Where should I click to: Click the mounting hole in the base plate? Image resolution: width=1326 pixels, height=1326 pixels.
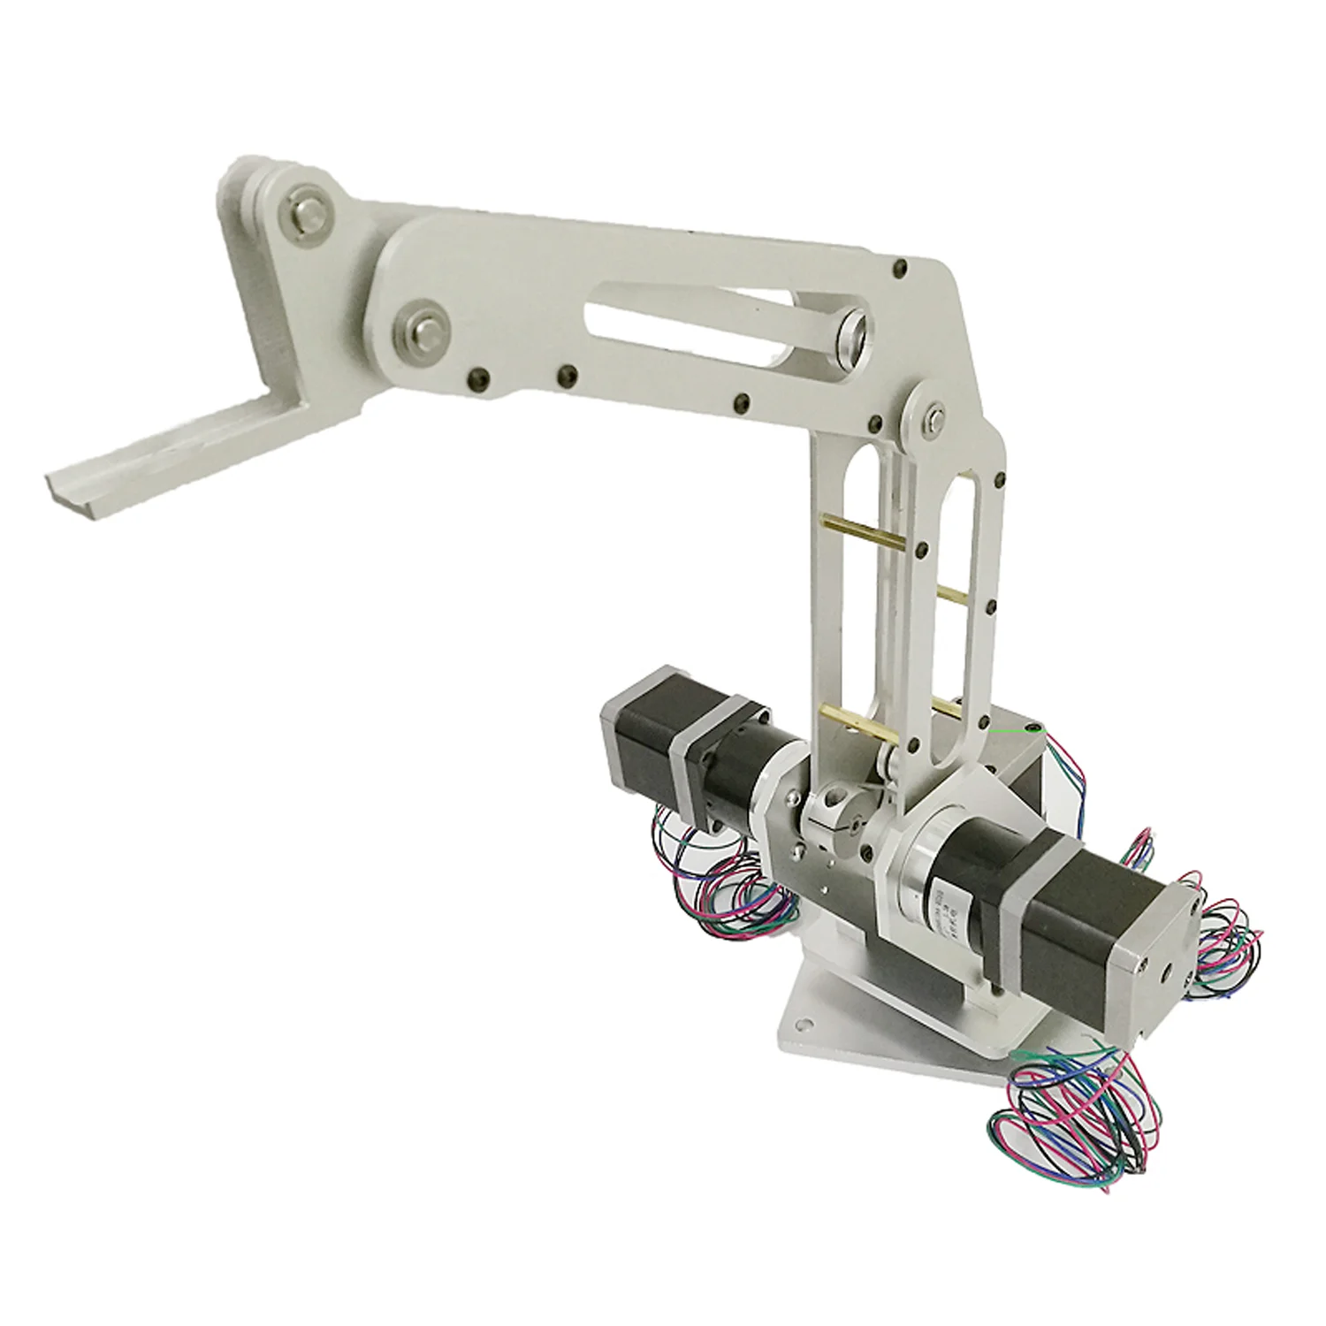coord(803,1025)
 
